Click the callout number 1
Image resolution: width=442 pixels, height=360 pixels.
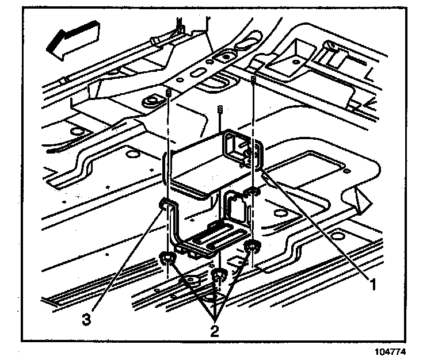pos(373,283)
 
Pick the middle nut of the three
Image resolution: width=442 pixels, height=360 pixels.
pos(218,275)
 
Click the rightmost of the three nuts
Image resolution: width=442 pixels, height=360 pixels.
pos(252,248)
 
